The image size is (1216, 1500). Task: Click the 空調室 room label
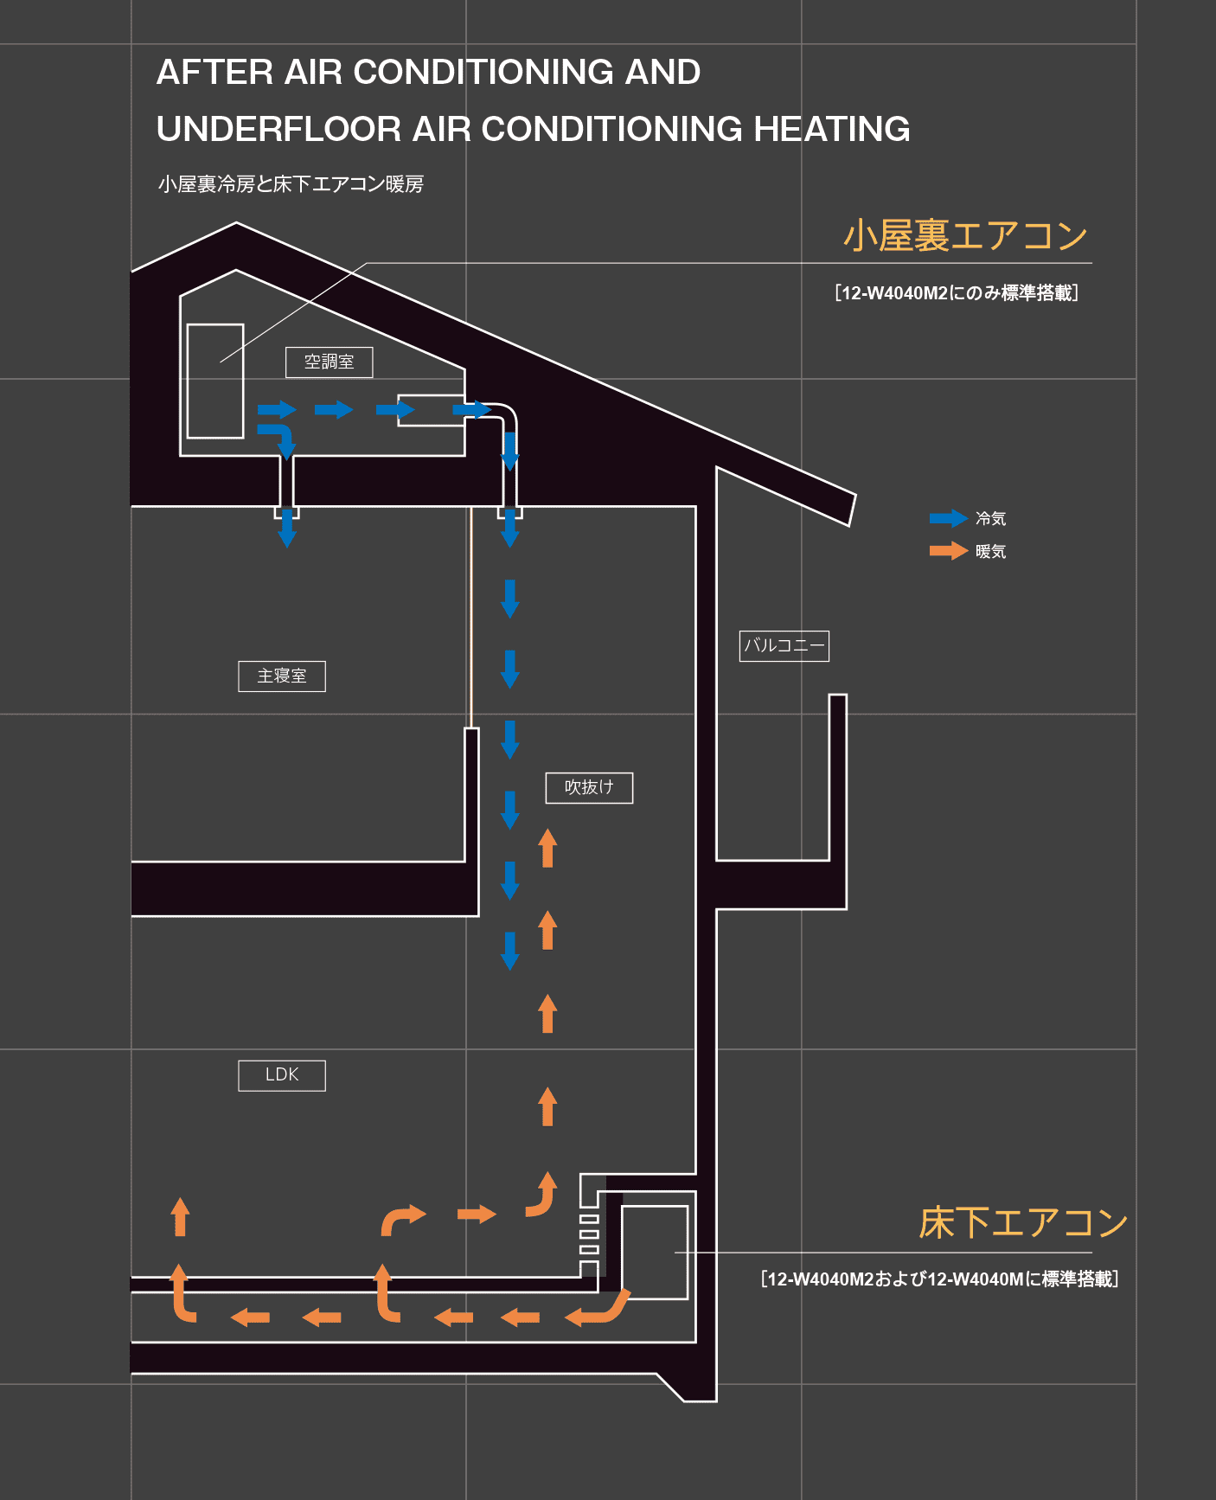coord(330,362)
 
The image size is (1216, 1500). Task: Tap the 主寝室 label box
coord(282,676)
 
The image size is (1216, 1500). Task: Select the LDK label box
coord(282,1075)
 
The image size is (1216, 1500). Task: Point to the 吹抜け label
coord(589,787)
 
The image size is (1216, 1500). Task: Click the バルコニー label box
coord(784,646)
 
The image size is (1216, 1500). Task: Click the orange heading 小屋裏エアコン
coord(965,236)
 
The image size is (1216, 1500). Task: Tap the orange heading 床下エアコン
coord(1023,1223)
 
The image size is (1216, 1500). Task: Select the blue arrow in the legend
coord(948,519)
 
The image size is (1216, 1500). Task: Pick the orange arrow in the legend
coord(948,551)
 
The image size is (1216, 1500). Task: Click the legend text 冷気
coord(991,519)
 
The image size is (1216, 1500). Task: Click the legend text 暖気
coord(991,552)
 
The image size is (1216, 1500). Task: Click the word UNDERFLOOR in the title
coord(279,130)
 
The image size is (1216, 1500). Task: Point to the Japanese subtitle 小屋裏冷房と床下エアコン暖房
coord(291,184)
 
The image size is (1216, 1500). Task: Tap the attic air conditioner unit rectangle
coord(215,381)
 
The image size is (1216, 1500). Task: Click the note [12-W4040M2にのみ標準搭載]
coord(957,293)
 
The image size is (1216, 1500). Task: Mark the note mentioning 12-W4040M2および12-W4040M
coord(940,1279)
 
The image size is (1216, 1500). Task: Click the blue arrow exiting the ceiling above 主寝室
coord(287,529)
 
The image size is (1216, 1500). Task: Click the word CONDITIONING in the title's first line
coord(484,73)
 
